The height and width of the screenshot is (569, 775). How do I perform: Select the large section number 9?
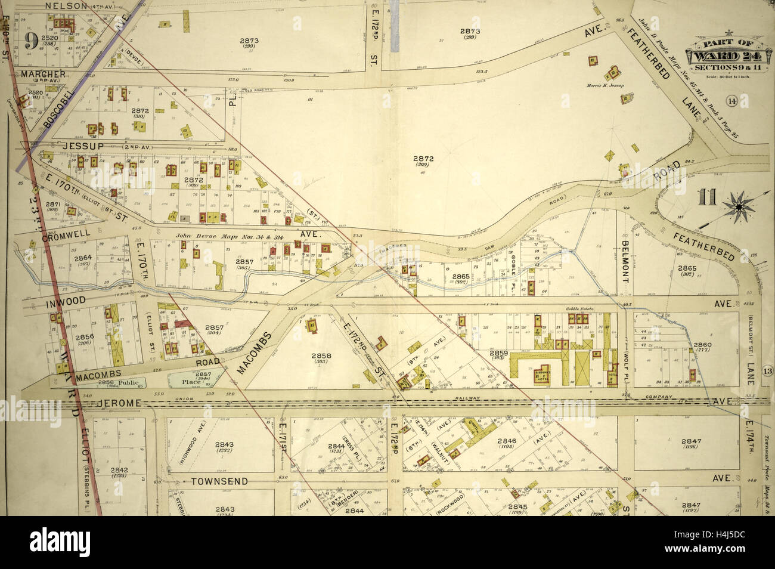[32, 41]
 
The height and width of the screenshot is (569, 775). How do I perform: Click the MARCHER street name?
[43, 75]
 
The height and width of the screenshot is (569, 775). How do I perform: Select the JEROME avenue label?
[119, 403]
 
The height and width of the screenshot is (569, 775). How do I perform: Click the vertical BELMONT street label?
[625, 262]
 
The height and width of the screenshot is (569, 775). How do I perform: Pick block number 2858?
[321, 355]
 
